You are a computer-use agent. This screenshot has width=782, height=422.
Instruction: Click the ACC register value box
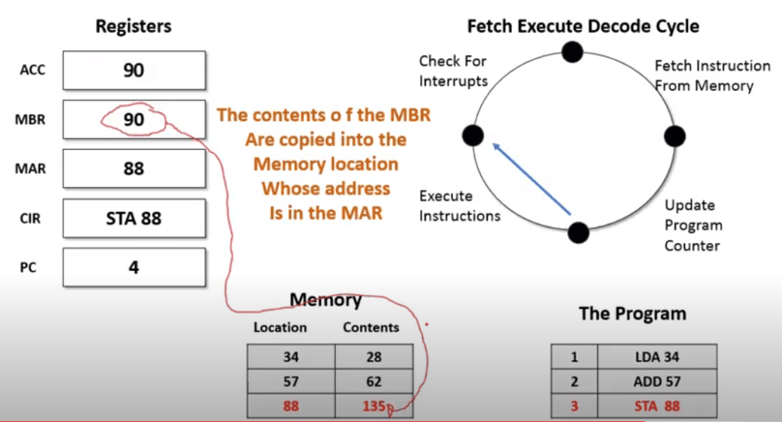click(x=134, y=70)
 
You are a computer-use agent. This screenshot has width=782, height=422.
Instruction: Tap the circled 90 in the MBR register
click(x=134, y=119)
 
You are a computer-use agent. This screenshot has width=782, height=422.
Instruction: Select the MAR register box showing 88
click(x=134, y=168)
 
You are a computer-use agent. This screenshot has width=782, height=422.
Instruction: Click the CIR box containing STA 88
click(x=134, y=218)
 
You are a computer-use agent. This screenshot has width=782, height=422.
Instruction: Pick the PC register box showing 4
click(x=134, y=267)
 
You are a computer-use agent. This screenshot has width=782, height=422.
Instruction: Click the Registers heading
click(x=133, y=27)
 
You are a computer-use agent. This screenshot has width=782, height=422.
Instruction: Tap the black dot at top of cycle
click(x=572, y=51)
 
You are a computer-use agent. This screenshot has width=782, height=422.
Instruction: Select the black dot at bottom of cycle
click(x=579, y=232)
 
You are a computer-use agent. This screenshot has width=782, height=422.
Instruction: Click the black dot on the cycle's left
click(x=473, y=136)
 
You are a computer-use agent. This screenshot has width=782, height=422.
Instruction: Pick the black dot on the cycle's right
click(x=675, y=136)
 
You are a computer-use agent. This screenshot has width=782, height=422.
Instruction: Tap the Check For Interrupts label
click(x=453, y=70)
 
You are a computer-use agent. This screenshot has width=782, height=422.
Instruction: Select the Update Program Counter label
click(x=692, y=226)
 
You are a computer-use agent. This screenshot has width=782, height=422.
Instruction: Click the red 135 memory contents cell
click(x=374, y=406)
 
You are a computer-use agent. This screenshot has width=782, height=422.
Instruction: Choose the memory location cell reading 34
click(x=290, y=357)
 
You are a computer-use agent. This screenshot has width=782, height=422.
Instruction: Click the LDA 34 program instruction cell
click(x=657, y=357)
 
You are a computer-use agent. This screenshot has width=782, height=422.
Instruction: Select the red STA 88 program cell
click(x=657, y=406)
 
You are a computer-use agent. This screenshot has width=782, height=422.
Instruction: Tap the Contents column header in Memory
click(x=371, y=327)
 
